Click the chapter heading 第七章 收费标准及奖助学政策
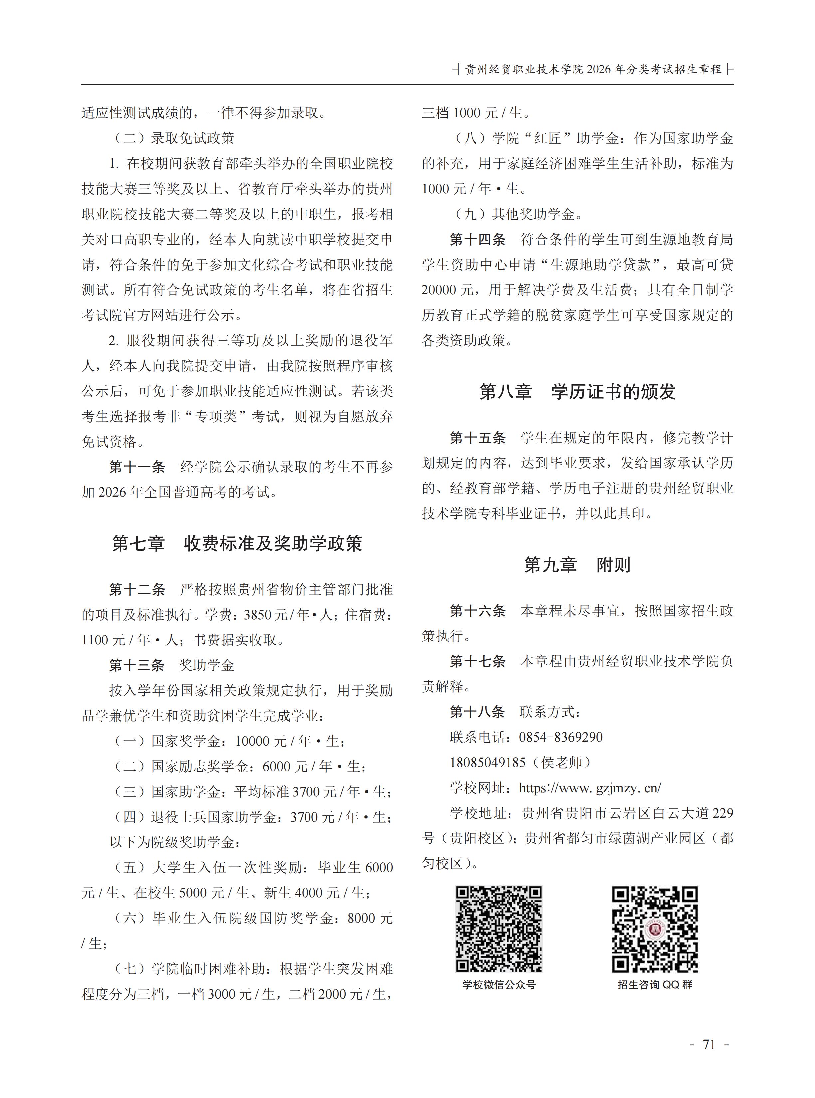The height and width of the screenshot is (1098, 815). pos(237,544)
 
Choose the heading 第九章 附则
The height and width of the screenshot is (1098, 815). pos(577,565)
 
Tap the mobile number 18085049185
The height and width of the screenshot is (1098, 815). pos(488,763)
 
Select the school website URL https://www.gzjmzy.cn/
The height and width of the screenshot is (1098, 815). pos(590,788)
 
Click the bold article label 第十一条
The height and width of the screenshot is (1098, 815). pos(137,467)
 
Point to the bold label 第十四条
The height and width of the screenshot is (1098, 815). pos(478,240)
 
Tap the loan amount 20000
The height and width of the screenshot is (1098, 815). pos(439,290)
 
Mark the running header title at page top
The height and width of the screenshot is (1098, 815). pos(593,70)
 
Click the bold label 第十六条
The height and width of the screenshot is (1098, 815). pos(478,611)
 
